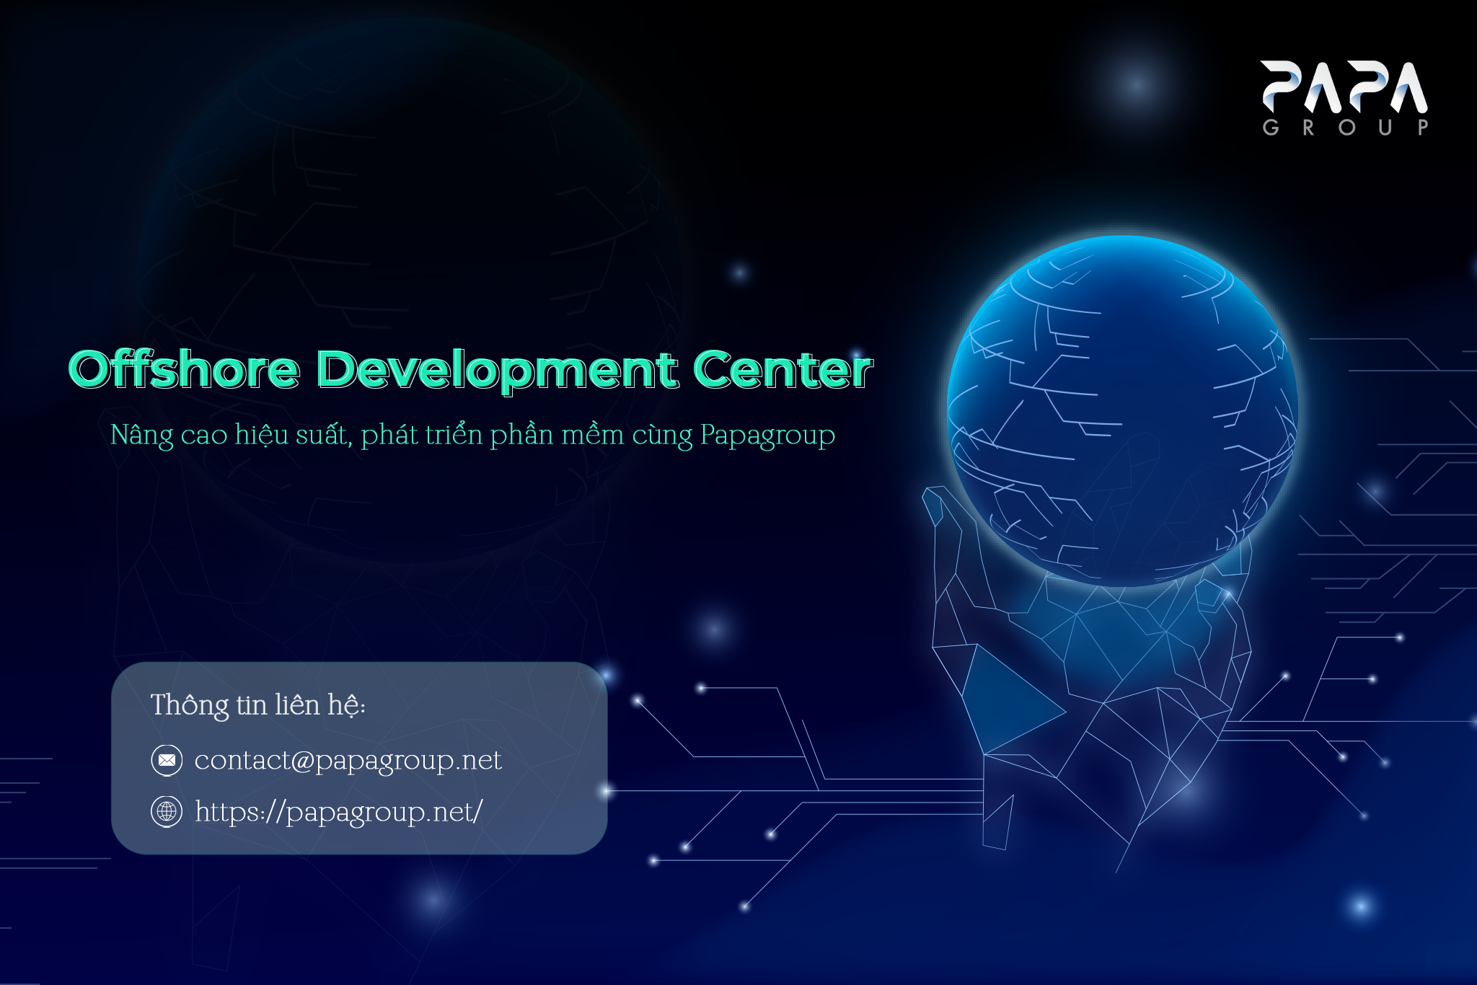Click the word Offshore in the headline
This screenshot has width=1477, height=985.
[184, 369]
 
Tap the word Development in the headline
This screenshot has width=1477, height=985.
[498, 371]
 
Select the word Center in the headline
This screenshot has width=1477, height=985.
[783, 369]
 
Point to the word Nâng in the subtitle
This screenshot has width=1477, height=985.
[142, 436]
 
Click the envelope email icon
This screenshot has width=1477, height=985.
[167, 760]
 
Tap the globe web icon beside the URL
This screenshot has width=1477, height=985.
[167, 811]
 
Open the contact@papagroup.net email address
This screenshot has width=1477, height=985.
[348, 761]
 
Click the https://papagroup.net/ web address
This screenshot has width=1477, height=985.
[339, 812]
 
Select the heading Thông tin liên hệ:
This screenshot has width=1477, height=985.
[258, 705]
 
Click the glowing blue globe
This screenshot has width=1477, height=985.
[1122, 411]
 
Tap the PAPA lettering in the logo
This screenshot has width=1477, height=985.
[1344, 87]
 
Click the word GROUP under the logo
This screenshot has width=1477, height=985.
[1345, 128]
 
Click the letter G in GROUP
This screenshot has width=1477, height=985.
[1271, 128]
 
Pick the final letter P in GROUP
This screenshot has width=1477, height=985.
[1422, 128]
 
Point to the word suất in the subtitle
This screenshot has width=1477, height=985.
[324, 435]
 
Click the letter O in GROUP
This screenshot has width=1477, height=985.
[1346, 128]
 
